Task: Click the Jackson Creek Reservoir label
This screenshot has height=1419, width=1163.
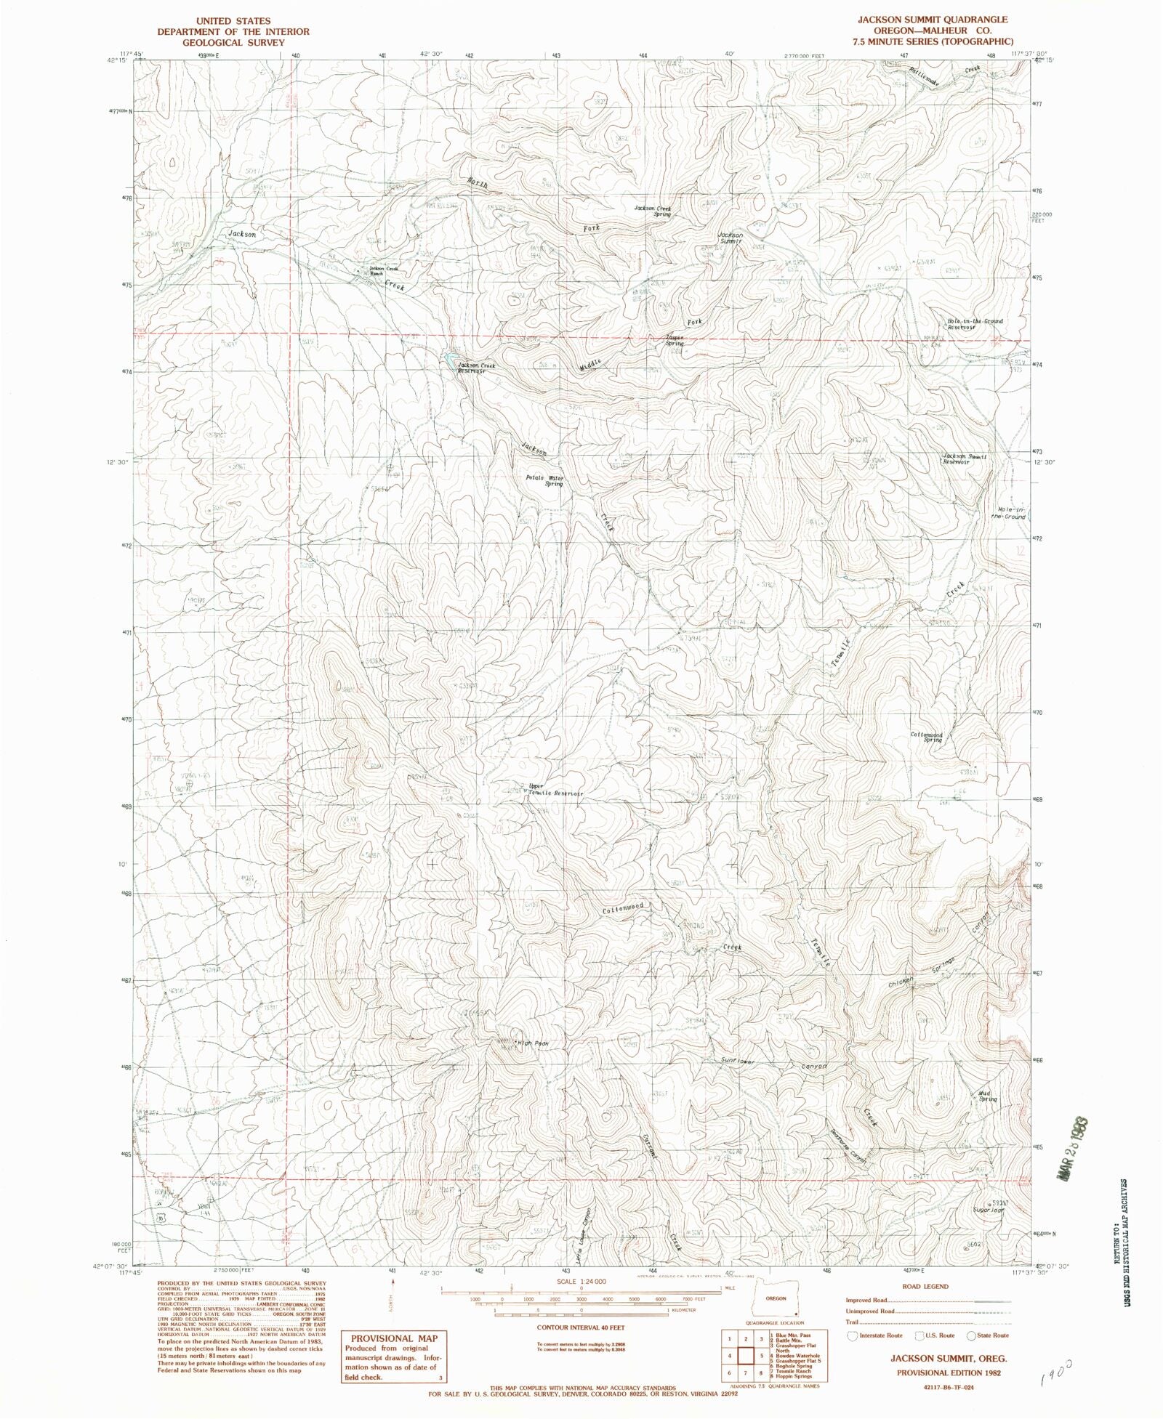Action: (475, 368)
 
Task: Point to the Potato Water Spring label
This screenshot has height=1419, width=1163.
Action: (544, 480)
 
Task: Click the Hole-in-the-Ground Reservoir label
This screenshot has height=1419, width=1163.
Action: (974, 324)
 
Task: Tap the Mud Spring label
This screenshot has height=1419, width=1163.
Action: (986, 1096)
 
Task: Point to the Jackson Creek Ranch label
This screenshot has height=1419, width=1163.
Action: (383, 271)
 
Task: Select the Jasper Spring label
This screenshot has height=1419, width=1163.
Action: (674, 341)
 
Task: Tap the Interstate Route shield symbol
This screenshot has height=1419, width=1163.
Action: (852, 1335)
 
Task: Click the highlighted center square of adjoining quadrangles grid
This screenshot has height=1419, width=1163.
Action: (747, 1356)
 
